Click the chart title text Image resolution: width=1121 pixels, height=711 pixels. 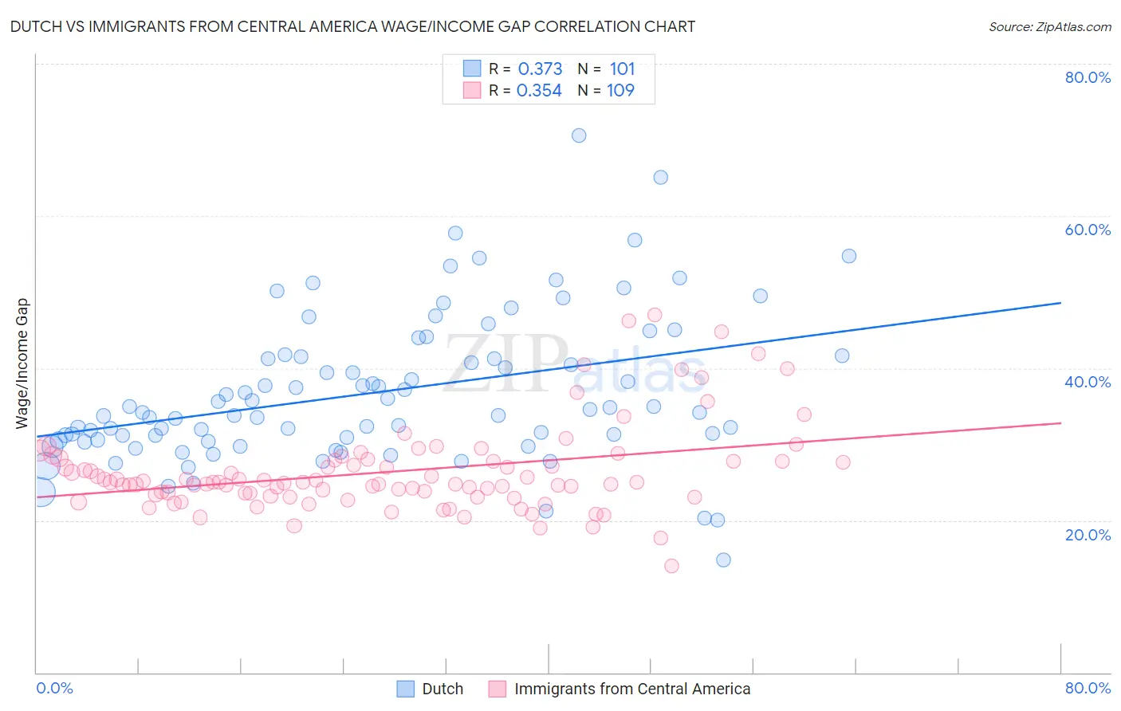click(x=352, y=26)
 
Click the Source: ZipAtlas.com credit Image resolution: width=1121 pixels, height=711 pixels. click(x=1049, y=26)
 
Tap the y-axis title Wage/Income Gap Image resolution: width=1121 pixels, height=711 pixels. click(x=22, y=363)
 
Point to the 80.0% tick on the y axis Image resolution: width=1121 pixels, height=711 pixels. click(x=1088, y=77)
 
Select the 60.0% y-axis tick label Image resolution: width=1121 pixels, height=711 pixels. click(x=1088, y=230)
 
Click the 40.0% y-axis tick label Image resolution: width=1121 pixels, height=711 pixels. click(x=1088, y=382)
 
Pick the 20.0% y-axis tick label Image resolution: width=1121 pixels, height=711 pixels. click(x=1088, y=535)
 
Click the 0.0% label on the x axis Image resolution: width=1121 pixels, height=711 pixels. click(x=54, y=688)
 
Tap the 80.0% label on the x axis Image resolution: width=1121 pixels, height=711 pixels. click(x=1088, y=688)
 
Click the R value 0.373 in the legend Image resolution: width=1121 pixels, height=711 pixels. click(x=540, y=69)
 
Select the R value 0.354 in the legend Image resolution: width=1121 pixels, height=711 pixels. click(x=539, y=91)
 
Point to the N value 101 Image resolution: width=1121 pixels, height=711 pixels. click(x=622, y=69)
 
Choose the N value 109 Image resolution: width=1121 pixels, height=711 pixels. click(x=620, y=91)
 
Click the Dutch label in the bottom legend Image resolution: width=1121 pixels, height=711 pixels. click(x=442, y=689)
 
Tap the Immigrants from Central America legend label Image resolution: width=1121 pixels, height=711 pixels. click(x=632, y=689)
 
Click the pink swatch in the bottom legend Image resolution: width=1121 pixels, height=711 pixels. click(x=498, y=689)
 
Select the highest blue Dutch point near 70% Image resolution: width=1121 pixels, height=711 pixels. click(x=579, y=136)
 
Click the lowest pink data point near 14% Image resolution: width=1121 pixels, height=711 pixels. click(x=671, y=566)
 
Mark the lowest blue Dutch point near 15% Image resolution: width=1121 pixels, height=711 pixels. click(x=723, y=560)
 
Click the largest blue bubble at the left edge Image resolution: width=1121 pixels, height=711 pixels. click(x=41, y=492)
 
